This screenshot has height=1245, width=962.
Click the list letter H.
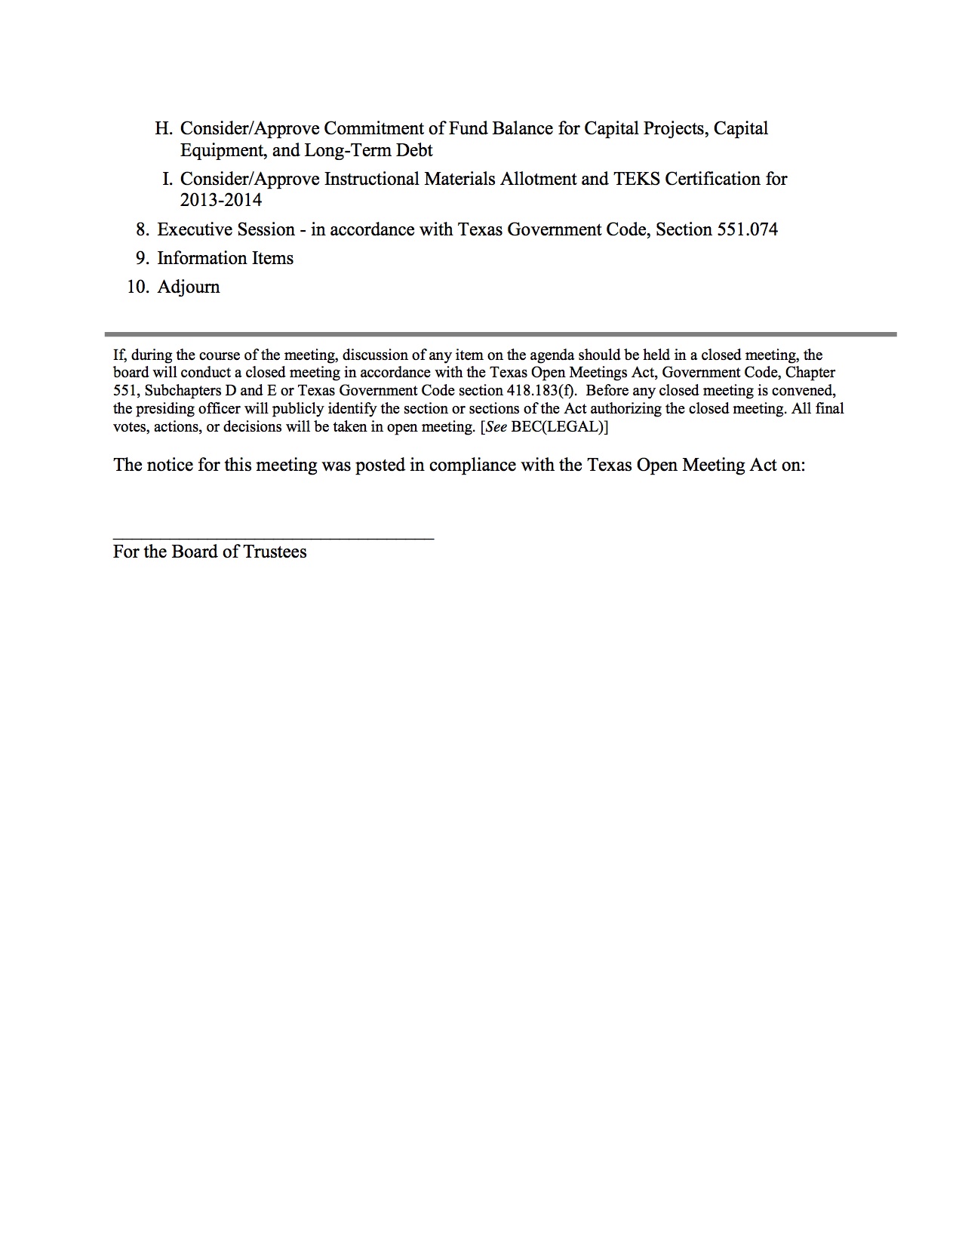(x=163, y=128)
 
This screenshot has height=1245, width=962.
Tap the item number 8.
(x=142, y=229)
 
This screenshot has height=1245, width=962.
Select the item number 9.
(x=142, y=258)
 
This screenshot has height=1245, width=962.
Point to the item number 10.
(x=137, y=287)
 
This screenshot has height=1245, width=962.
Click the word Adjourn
(x=189, y=287)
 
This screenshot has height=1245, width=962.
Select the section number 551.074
(x=746, y=229)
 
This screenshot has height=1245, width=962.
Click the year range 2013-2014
(x=221, y=200)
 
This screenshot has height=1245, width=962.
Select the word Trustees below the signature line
(x=275, y=552)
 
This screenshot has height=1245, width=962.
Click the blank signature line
(x=273, y=538)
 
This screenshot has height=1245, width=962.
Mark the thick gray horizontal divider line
(x=500, y=334)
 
